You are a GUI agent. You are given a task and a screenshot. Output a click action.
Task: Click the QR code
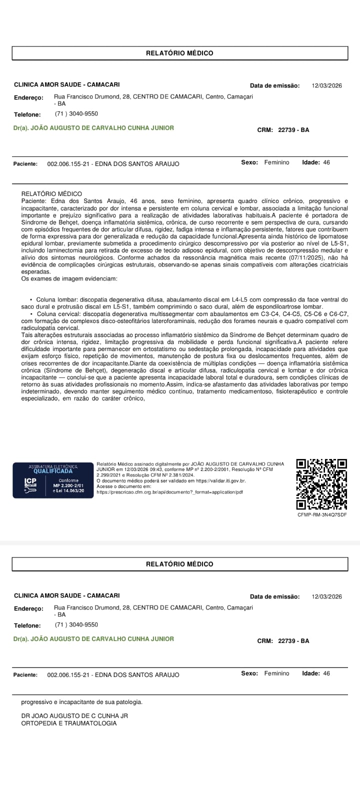click(321, 484)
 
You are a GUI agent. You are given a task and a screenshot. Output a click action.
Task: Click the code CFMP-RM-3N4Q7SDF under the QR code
click(321, 514)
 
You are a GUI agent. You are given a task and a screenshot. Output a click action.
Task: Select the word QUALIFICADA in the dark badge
click(53, 471)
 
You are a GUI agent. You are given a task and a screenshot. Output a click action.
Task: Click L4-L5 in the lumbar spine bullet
click(242, 299)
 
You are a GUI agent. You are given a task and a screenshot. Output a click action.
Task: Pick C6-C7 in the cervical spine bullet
click(339, 314)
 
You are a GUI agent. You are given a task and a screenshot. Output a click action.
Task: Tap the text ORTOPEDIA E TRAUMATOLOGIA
click(69, 723)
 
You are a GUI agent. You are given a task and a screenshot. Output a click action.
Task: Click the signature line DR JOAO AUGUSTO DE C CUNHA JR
click(74, 715)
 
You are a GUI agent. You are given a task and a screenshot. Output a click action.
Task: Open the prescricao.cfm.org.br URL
click(169, 492)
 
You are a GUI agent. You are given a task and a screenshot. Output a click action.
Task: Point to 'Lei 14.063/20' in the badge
click(68, 491)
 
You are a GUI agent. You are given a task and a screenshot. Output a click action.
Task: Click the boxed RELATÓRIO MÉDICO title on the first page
click(179, 53)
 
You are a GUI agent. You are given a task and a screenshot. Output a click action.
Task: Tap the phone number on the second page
click(76, 624)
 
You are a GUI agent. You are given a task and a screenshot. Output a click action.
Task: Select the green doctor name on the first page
click(93, 128)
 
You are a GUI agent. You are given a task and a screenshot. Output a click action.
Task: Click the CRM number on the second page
click(293, 641)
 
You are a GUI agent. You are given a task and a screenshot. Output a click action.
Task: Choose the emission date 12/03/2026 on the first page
click(326, 85)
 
